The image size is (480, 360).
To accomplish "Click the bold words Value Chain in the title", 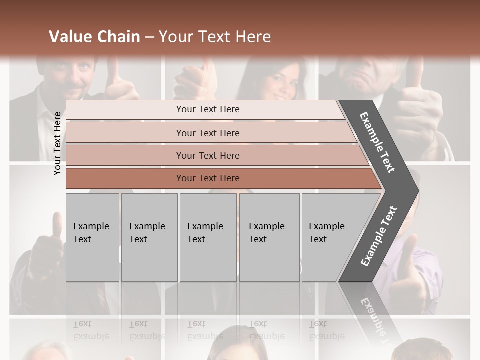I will pyautogui.click(x=94, y=37).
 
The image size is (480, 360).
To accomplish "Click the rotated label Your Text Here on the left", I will pyautogui.click(x=57, y=143).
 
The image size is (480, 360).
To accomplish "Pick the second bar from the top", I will pyautogui.click(x=208, y=133).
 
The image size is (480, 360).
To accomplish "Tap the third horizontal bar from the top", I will pyautogui.click(x=208, y=155).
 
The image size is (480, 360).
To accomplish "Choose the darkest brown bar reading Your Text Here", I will pyautogui.click(x=208, y=178).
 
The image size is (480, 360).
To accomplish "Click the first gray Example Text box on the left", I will pyautogui.click(x=92, y=237).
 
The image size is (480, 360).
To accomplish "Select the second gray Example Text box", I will pyautogui.click(x=149, y=237).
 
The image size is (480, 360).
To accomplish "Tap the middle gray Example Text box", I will pyautogui.click(x=208, y=237).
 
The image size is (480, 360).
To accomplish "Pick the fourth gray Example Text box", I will pyautogui.click(x=269, y=237).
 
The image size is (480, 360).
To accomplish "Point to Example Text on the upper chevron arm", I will pyautogui.click(x=377, y=142).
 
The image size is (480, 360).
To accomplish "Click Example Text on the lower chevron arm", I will pyautogui.click(x=378, y=236).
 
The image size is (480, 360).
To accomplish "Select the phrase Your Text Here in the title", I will pyautogui.click(x=215, y=37).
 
